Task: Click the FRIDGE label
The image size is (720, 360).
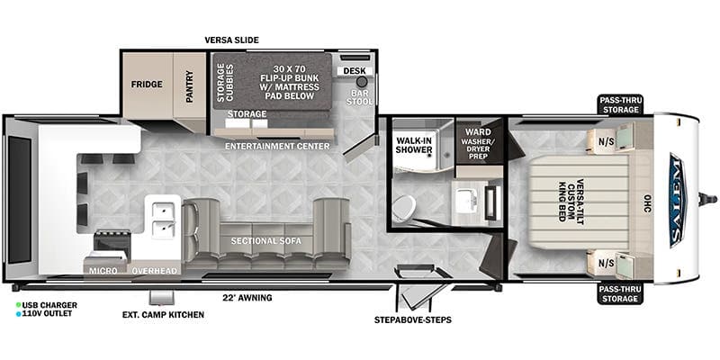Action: point(147,85)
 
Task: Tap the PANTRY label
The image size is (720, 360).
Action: point(190,85)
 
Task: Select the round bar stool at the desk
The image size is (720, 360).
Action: point(363,83)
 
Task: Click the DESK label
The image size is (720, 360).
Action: point(355,71)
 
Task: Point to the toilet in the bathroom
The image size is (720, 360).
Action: point(404,206)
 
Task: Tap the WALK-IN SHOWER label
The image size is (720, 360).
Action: point(414,146)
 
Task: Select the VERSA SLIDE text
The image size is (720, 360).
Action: point(231,40)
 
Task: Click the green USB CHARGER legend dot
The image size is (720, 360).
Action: point(18,305)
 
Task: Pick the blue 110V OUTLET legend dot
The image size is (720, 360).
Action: point(18,313)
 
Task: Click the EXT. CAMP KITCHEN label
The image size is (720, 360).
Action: point(163,315)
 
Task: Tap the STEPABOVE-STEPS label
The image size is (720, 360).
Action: point(413,319)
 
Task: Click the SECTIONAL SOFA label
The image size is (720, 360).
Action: point(266,241)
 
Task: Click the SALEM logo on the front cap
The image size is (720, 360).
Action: point(677,200)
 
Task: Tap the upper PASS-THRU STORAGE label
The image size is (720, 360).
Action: point(621,105)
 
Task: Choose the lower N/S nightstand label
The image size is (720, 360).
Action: point(606,264)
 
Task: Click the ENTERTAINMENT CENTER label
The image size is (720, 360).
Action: point(277,146)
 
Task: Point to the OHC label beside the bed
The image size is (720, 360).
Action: point(647,203)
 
